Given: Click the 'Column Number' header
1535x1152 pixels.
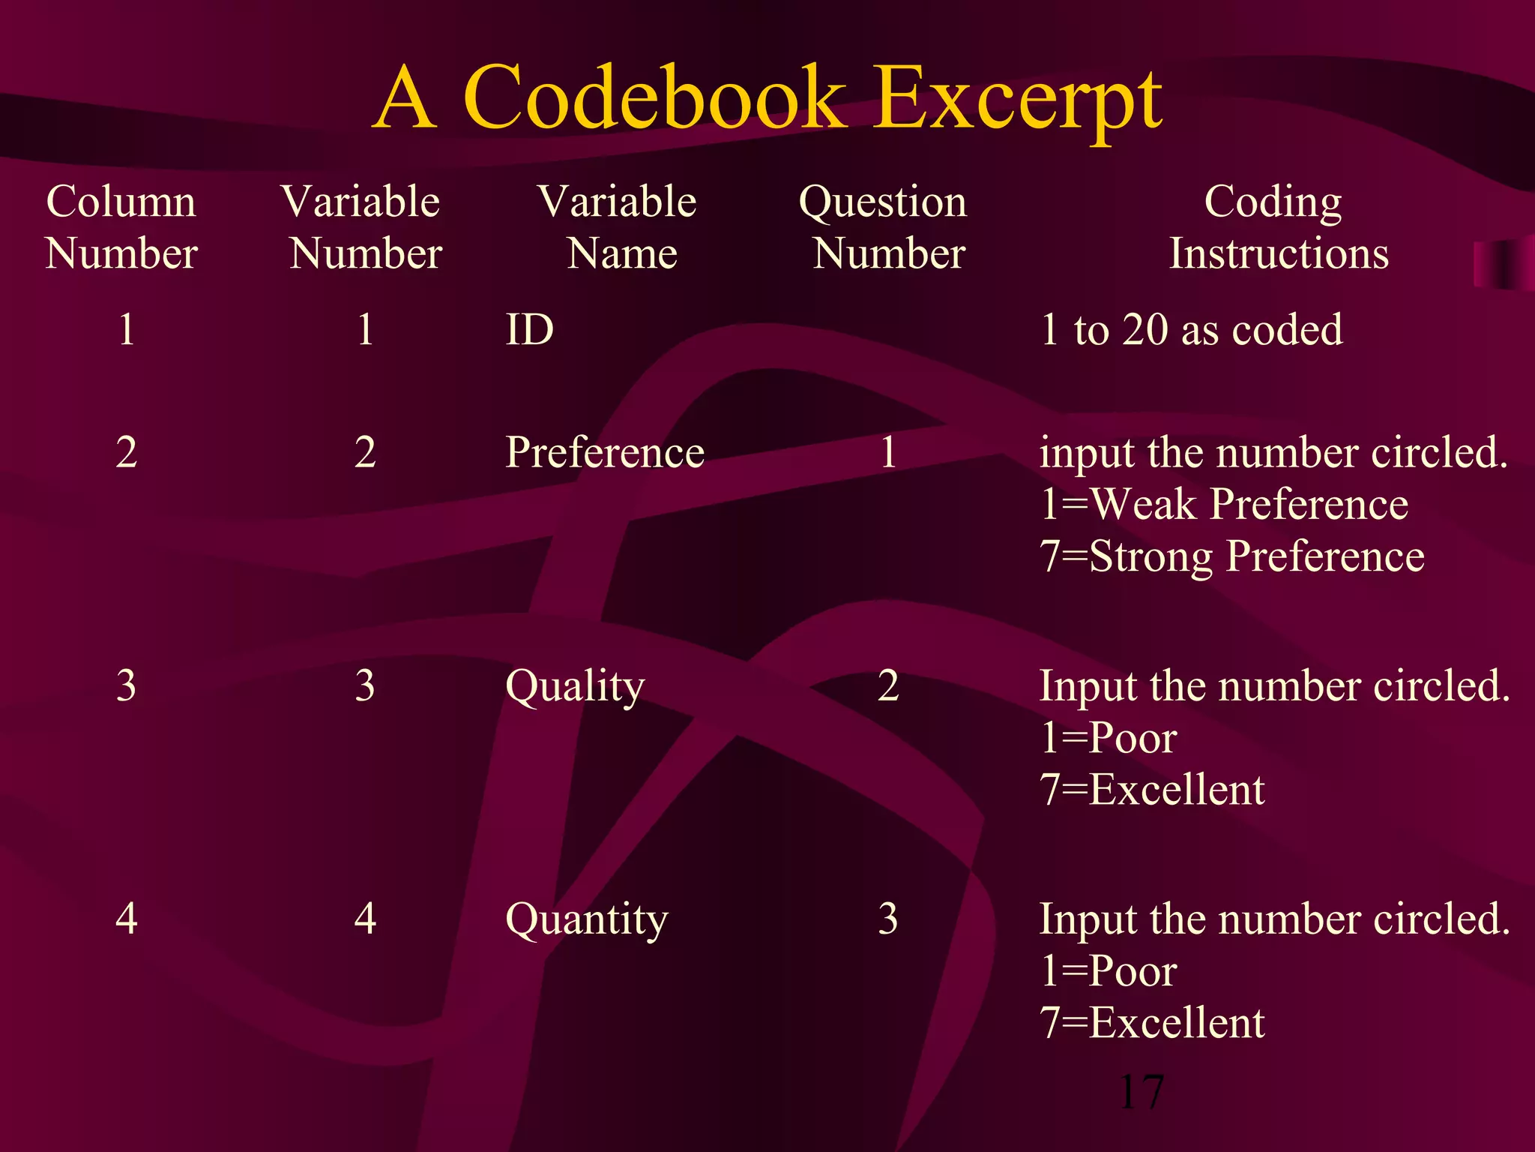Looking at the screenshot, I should point(121,226).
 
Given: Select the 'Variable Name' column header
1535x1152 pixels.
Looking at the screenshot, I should point(618,226).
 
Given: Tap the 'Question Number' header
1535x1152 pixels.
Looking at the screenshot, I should point(884,226).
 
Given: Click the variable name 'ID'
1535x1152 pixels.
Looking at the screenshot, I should point(529,329).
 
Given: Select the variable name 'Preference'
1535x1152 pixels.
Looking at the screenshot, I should point(605,452).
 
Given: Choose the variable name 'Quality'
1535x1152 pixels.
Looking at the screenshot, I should point(575,685).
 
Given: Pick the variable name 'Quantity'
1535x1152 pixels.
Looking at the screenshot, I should point(586,919).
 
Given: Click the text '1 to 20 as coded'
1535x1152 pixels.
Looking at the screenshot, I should point(1191,329).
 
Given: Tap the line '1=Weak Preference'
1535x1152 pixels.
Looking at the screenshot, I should point(1223,504).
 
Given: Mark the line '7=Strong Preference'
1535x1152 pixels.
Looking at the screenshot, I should point(1231,556).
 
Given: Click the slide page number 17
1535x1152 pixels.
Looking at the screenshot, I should point(1141,1092).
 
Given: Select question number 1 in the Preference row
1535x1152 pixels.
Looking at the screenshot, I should point(888,452).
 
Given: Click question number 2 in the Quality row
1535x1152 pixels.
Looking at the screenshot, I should point(888,685).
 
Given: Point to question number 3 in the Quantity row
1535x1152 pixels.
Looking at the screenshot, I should point(888,919).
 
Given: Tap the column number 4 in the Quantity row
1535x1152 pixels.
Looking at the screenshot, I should point(126,919).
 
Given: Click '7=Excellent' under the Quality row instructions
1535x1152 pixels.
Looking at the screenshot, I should point(1152,790).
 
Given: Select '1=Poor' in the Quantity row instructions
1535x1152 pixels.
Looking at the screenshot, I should point(1108,970).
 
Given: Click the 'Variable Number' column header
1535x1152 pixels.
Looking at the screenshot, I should point(363,226).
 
